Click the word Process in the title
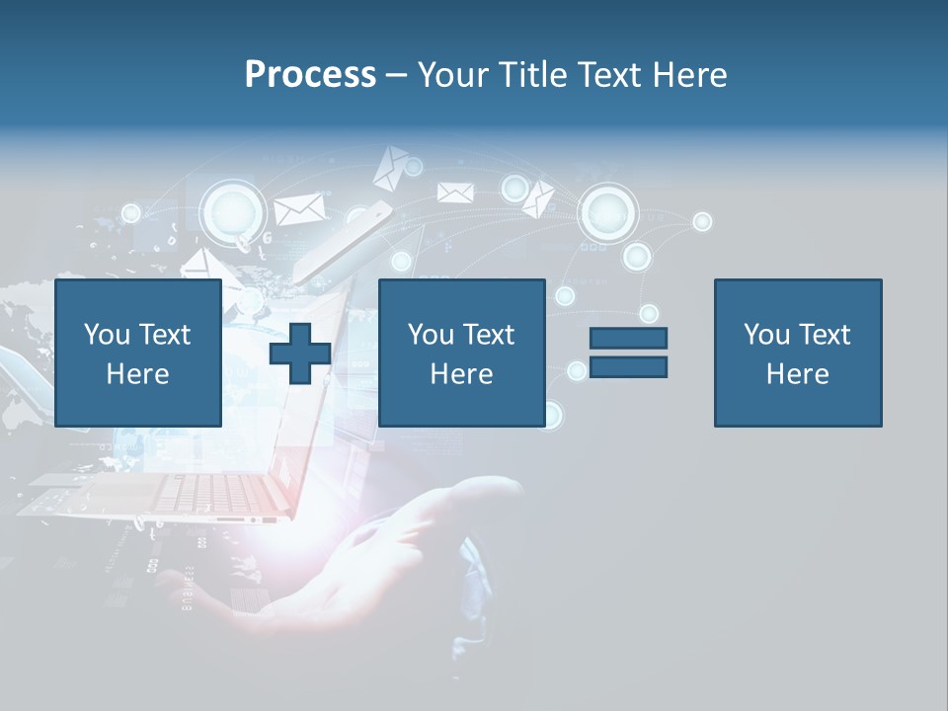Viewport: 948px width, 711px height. pos(310,75)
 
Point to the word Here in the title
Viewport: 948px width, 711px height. pos(689,75)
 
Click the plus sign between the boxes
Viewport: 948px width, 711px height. pos(300,353)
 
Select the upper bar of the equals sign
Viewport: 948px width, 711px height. pos(628,338)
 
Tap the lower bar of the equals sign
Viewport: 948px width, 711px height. pos(628,367)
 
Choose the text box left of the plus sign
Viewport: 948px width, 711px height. pos(137,353)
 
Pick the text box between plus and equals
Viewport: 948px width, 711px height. pos(461,353)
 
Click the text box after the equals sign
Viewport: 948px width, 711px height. pos(797,353)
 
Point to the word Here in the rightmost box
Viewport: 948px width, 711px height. pos(797,374)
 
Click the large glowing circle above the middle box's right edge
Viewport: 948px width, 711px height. pos(607,211)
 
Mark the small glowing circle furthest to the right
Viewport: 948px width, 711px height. pos(702,221)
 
